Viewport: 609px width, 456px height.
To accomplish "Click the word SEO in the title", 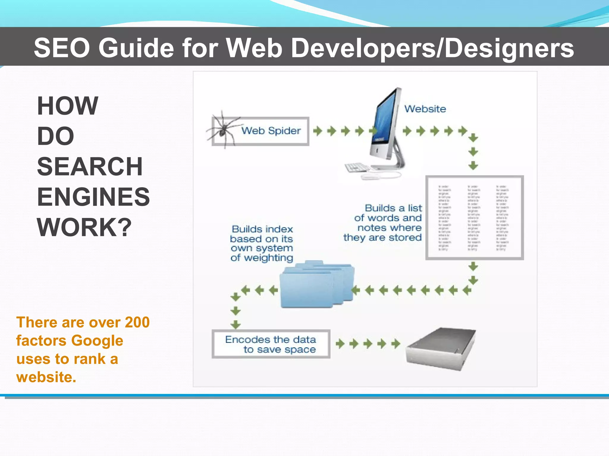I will click(62, 48).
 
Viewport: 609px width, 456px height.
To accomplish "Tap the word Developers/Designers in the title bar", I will click(432, 48).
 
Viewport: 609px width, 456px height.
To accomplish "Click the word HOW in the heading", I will click(68, 106).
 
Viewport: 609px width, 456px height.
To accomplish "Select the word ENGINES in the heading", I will click(93, 197).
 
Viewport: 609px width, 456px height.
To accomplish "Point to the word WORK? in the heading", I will click(84, 227).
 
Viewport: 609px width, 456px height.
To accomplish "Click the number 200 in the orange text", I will click(137, 322).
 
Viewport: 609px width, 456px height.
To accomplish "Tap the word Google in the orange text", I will click(97, 341).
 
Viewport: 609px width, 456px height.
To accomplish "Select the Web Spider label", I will click(271, 131).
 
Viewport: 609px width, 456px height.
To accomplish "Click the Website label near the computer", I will click(425, 109).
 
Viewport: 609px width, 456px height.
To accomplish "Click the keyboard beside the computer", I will click(357, 167).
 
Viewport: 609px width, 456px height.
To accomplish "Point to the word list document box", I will click(474, 218).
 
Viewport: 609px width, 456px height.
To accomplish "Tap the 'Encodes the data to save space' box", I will click(271, 344).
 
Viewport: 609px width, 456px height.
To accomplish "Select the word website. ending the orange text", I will click(46, 377).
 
